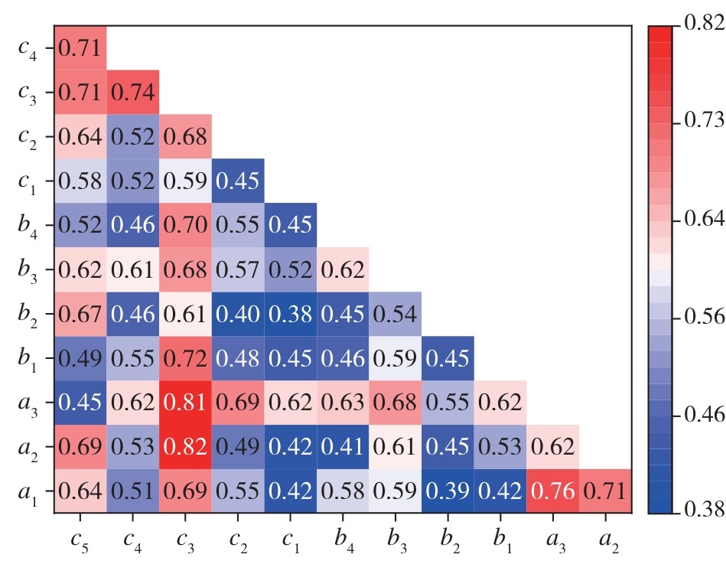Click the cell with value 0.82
pos(185,447)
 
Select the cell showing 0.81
pos(185,403)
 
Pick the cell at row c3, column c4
pos(133,93)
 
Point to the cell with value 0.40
pos(238,314)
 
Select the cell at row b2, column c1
pos(290,314)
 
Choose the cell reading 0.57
pos(238,269)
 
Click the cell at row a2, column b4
pos(343,447)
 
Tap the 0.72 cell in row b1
pos(185,358)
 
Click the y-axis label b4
pos(30,226)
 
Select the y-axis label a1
pos(30,492)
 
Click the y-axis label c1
pos(30,181)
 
